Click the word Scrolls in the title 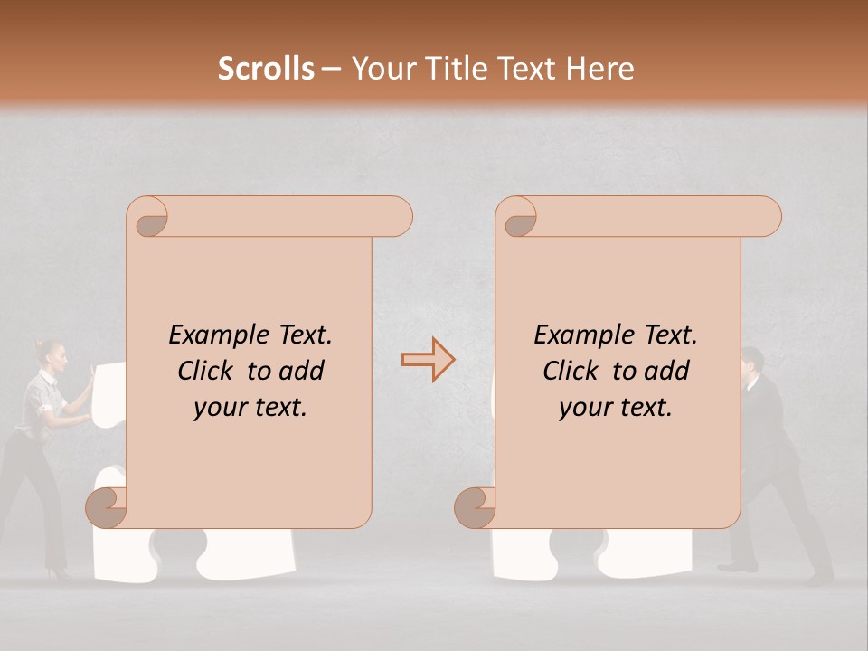(266, 69)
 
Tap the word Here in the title (599, 69)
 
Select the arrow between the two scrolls (428, 360)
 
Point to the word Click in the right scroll (571, 371)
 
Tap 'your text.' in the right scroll (616, 408)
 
